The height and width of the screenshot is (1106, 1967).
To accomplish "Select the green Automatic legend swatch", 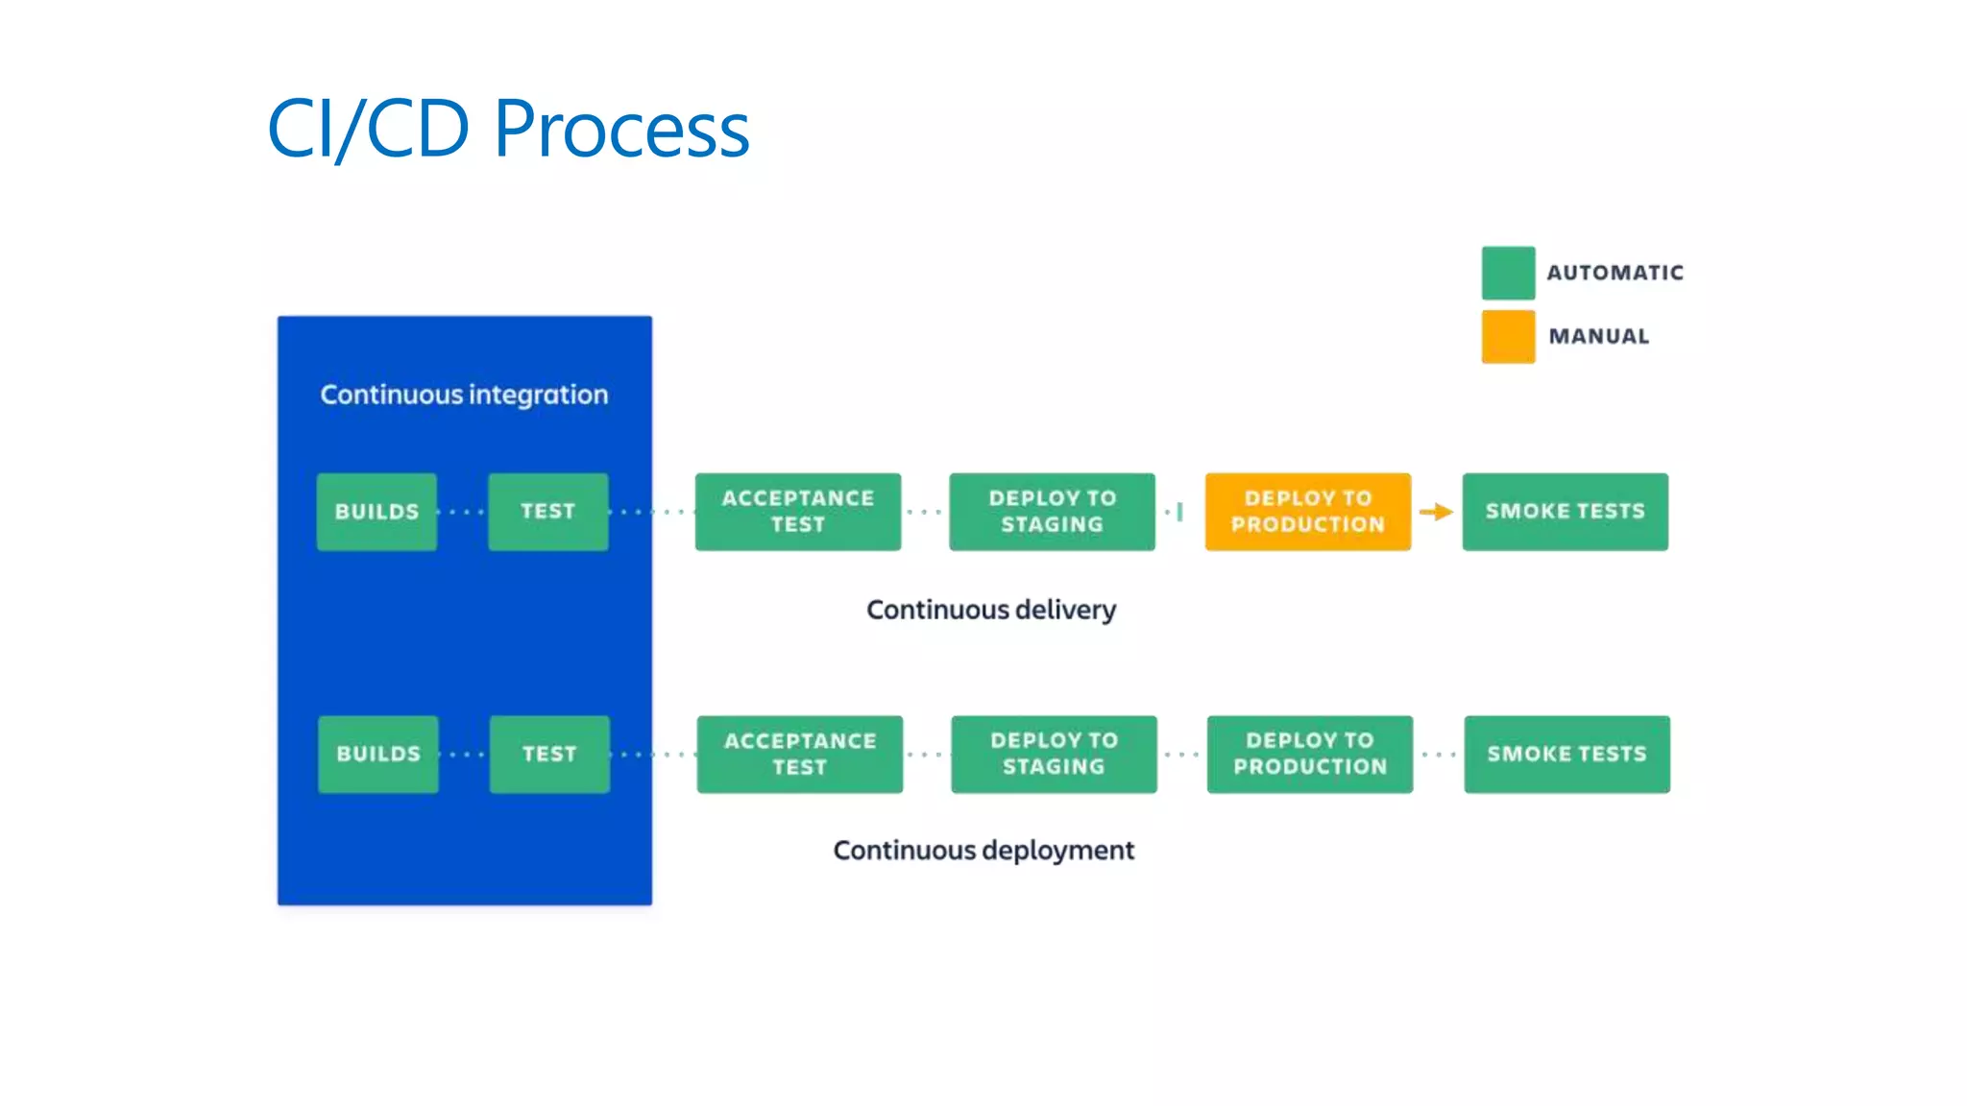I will (1507, 273).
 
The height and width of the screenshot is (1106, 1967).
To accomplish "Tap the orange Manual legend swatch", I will (1507, 336).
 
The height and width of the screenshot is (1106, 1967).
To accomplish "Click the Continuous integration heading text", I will (464, 395).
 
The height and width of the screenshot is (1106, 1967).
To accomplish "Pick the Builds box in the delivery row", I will (376, 512).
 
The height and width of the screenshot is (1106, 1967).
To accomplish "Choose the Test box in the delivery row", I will (547, 512).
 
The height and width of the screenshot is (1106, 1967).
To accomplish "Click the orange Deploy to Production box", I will (1307, 512).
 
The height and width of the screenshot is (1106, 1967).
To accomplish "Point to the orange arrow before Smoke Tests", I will (1436, 512).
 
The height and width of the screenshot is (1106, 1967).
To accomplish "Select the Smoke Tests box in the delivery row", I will (1565, 512).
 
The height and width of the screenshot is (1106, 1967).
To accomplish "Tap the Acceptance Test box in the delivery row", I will (797, 512).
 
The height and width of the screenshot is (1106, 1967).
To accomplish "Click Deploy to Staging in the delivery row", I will (1052, 512).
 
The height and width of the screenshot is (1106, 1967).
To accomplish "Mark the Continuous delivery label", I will (990, 610).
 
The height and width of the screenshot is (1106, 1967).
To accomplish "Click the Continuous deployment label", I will (983, 851).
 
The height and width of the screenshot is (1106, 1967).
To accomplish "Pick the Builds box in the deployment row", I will (377, 754).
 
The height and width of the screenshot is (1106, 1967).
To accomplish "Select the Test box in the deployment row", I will (549, 754).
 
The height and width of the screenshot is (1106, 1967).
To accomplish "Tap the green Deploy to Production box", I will (1309, 754).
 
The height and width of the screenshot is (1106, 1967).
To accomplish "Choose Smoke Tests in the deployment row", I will (1566, 754).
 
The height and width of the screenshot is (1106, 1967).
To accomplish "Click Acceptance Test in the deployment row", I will (799, 754).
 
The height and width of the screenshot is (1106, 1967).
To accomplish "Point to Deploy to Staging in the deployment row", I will (1054, 754).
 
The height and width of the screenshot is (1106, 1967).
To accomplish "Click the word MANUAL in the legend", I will (1598, 336).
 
